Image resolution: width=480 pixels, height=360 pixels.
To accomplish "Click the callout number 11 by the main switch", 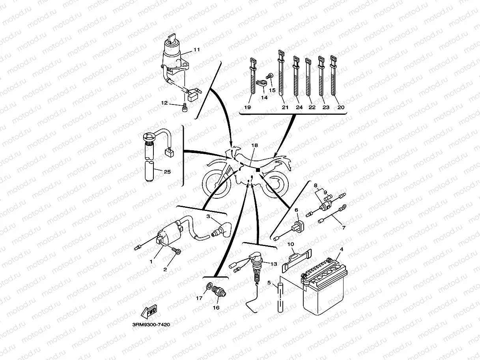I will click(x=196, y=50).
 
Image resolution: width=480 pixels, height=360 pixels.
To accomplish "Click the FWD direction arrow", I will click(x=151, y=313).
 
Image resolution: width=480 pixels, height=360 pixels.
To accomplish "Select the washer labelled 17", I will click(x=208, y=286).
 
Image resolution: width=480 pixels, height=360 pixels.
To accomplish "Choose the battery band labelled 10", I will click(x=297, y=260).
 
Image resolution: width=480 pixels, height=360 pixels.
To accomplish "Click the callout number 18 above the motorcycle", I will click(x=254, y=145).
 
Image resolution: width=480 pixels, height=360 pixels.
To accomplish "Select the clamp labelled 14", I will click(x=261, y=84).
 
